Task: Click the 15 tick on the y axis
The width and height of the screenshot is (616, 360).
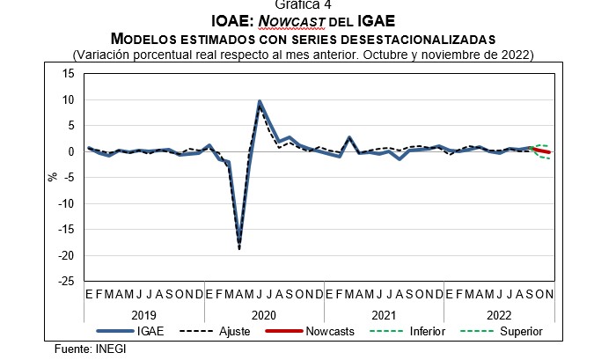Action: (x=69, y=74)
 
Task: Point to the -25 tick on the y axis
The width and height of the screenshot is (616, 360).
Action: (x=66, y=282)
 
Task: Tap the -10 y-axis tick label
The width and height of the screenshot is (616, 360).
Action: (x=66, y=203)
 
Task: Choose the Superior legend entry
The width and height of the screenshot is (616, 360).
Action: (x=519, y=332)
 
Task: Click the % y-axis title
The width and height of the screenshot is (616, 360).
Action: (x=52, y=177)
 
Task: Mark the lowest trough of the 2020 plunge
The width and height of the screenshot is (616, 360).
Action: (x=238, y=247)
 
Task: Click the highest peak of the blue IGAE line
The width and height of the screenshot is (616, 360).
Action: (x=259, y=102)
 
